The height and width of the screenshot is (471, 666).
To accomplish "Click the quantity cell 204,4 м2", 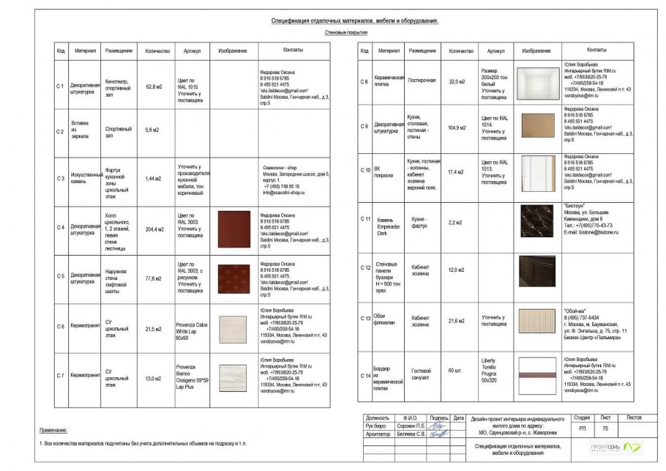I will [154, 229].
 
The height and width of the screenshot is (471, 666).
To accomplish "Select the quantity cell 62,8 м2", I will [154, 87].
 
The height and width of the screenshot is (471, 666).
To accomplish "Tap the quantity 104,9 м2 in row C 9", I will [457, 127].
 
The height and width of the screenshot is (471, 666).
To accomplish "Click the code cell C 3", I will [61, 178].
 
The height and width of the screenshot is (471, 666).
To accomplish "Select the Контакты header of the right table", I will [596, 51].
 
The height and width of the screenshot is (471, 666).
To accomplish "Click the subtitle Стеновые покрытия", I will [346, 34].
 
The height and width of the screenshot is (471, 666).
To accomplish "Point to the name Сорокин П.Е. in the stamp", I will [410, 425].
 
